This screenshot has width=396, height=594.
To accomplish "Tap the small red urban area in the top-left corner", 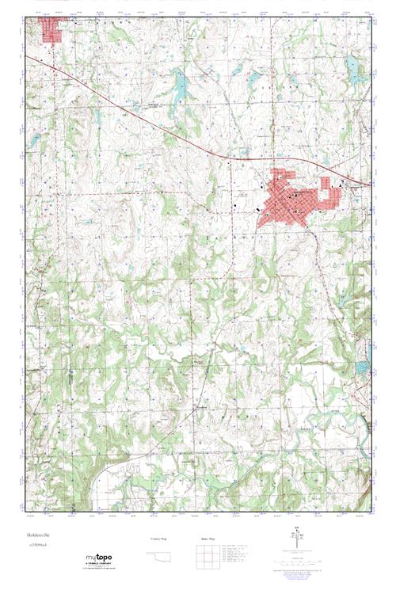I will point(54,32).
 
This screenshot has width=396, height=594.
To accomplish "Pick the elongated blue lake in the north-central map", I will point(180,85).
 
